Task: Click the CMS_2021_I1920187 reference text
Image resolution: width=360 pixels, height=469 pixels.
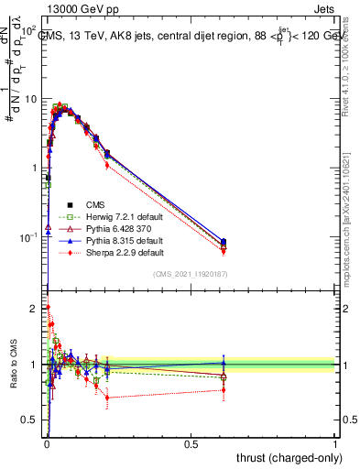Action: (x=191, y=274)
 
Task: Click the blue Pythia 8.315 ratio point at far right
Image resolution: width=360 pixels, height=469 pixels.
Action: (x=224, y=363)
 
